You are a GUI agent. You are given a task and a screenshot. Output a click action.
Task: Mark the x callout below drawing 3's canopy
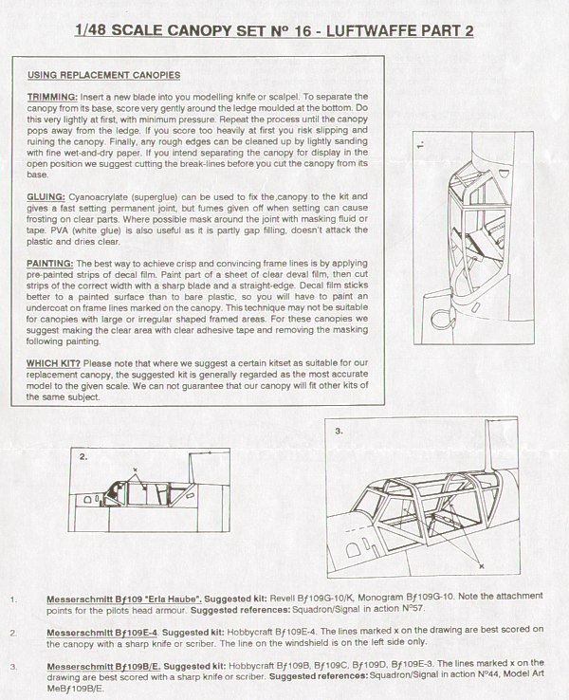(x=481, y=565)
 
